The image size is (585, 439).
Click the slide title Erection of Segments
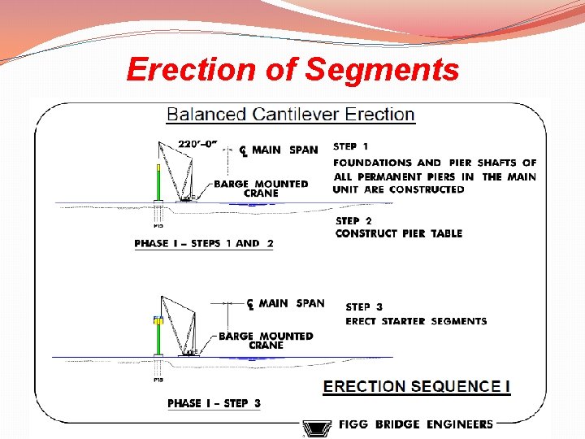[292, 70]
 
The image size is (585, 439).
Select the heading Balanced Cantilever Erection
[290, 115]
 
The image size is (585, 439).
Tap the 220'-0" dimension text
[199, 144]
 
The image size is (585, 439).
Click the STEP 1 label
[350, 146]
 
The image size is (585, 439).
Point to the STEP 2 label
[353, 220]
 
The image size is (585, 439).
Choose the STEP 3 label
[364, 307]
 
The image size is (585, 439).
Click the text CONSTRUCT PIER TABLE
[398, 234]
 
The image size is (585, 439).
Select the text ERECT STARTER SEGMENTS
[416, 321]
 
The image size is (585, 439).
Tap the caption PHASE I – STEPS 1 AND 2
[204, 243]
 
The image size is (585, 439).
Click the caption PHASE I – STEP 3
[214, 403]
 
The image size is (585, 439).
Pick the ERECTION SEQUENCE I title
[416, 386]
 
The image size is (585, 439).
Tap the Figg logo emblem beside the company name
[313, 428]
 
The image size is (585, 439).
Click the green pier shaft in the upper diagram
[158, 182]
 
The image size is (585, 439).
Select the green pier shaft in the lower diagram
[158, 339]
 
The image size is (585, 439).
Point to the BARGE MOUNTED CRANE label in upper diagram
[261, 189]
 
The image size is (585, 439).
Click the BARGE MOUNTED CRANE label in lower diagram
[266, 341]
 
